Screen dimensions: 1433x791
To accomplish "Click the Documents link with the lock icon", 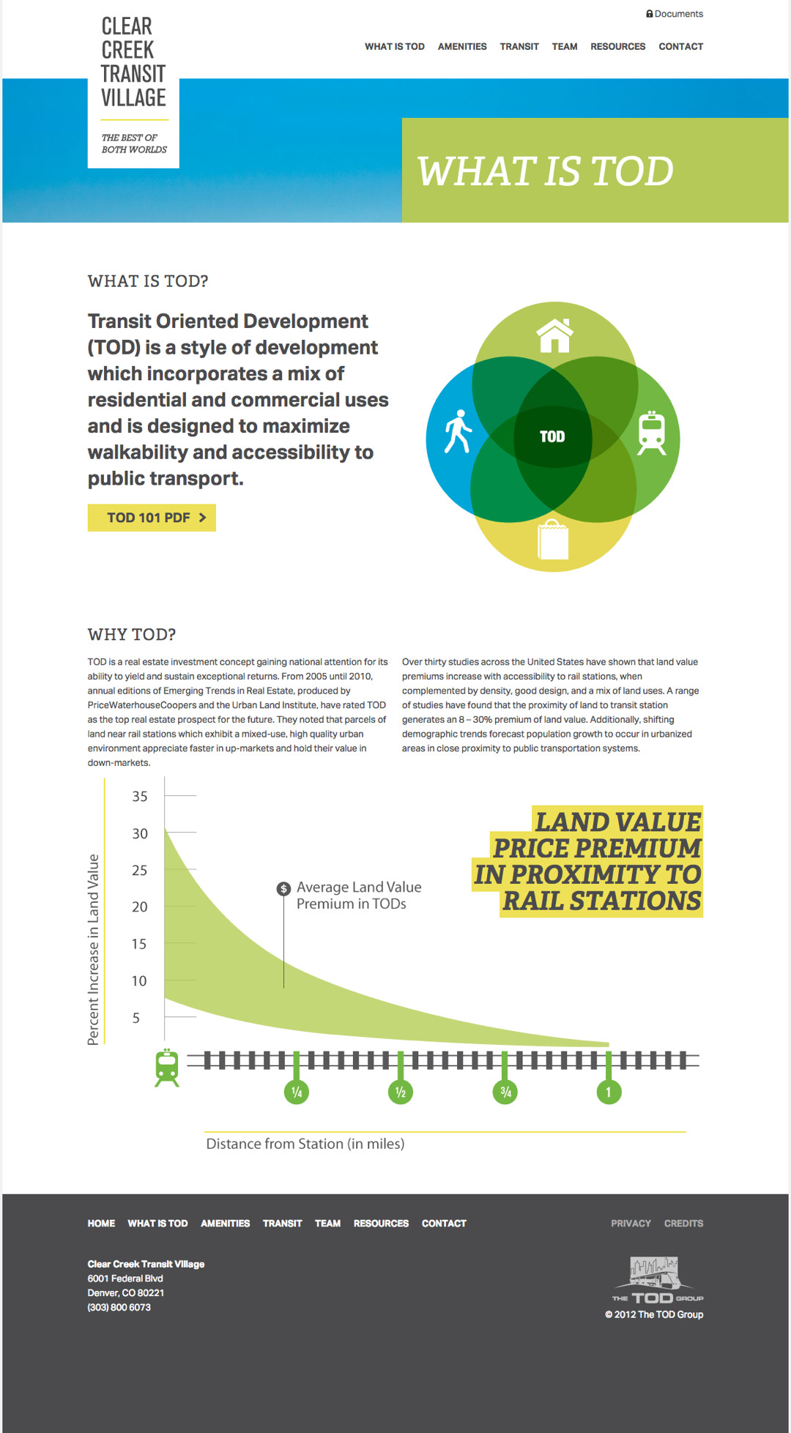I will point(675,14).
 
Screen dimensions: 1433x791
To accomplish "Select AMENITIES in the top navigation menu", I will point(462,46).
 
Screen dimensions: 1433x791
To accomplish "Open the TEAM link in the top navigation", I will point(564,46).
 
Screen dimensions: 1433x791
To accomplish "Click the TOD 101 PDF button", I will point(152,518).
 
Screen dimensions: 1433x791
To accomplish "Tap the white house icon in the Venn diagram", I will point(554,335).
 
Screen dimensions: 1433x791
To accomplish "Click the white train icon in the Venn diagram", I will point(651,433).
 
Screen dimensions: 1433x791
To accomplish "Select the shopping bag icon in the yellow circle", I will point(553,540).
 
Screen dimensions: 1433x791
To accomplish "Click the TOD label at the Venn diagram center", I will point(552,437).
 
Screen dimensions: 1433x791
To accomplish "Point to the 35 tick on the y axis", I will point(140,796).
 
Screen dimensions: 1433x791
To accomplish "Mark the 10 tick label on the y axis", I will point(139,981).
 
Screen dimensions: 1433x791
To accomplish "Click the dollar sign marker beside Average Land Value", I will point(283,888).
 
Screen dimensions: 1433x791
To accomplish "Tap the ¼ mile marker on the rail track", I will point(297,1092).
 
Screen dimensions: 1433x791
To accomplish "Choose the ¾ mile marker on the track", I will point(505,1092).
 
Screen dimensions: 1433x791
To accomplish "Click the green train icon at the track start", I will point(167,1068).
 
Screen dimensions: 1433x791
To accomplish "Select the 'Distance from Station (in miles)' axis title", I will point(305,1144).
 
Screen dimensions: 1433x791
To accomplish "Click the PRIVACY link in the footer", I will point(631,1224).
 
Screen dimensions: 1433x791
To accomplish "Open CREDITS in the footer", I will point(683,1224).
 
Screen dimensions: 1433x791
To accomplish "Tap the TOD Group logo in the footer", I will point(657,1281).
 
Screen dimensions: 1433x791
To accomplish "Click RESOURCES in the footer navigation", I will point(381,1224).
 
